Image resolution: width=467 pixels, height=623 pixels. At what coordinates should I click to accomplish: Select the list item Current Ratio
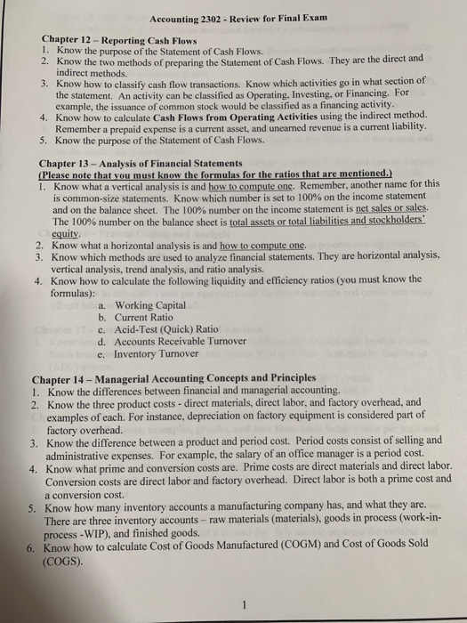pos(148,317)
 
